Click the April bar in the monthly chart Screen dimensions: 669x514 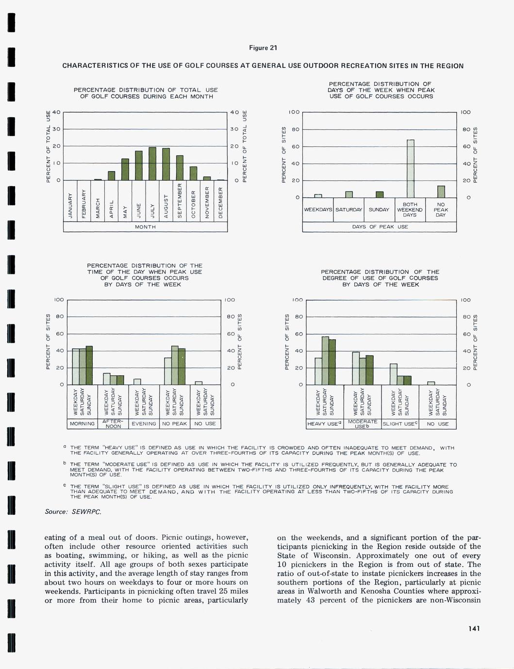112,175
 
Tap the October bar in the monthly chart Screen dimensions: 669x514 193,173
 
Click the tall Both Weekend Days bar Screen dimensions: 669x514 411,168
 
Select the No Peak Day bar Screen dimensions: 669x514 441,191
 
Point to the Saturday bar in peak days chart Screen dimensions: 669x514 348,194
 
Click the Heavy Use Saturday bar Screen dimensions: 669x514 325,360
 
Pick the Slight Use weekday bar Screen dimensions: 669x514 394,374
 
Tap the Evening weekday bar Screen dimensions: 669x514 137,382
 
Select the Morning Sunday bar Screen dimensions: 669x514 89,365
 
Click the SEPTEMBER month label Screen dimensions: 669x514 180,201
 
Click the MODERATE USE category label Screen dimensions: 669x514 363,424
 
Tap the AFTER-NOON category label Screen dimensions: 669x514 113,424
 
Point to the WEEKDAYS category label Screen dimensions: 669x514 318,210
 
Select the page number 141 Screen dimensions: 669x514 474,629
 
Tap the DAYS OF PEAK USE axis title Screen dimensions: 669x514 379,227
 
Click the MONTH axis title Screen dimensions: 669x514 146,227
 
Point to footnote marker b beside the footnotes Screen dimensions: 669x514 65,463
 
